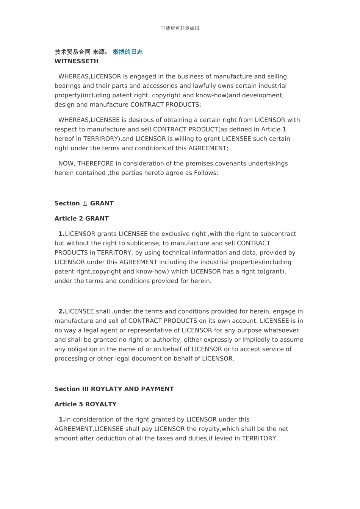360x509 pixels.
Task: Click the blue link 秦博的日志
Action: point(127,52)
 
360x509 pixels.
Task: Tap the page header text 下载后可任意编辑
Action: point(180,28)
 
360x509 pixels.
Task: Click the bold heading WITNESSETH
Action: point(77,61)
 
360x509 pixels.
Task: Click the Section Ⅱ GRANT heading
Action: point(84,203)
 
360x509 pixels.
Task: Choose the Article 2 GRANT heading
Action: point(81,219)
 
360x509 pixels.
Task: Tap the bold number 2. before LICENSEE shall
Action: point(61,312)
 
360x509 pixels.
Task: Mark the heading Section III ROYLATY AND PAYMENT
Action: point(114,389)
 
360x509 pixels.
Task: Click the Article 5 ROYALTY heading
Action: point(85,404)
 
